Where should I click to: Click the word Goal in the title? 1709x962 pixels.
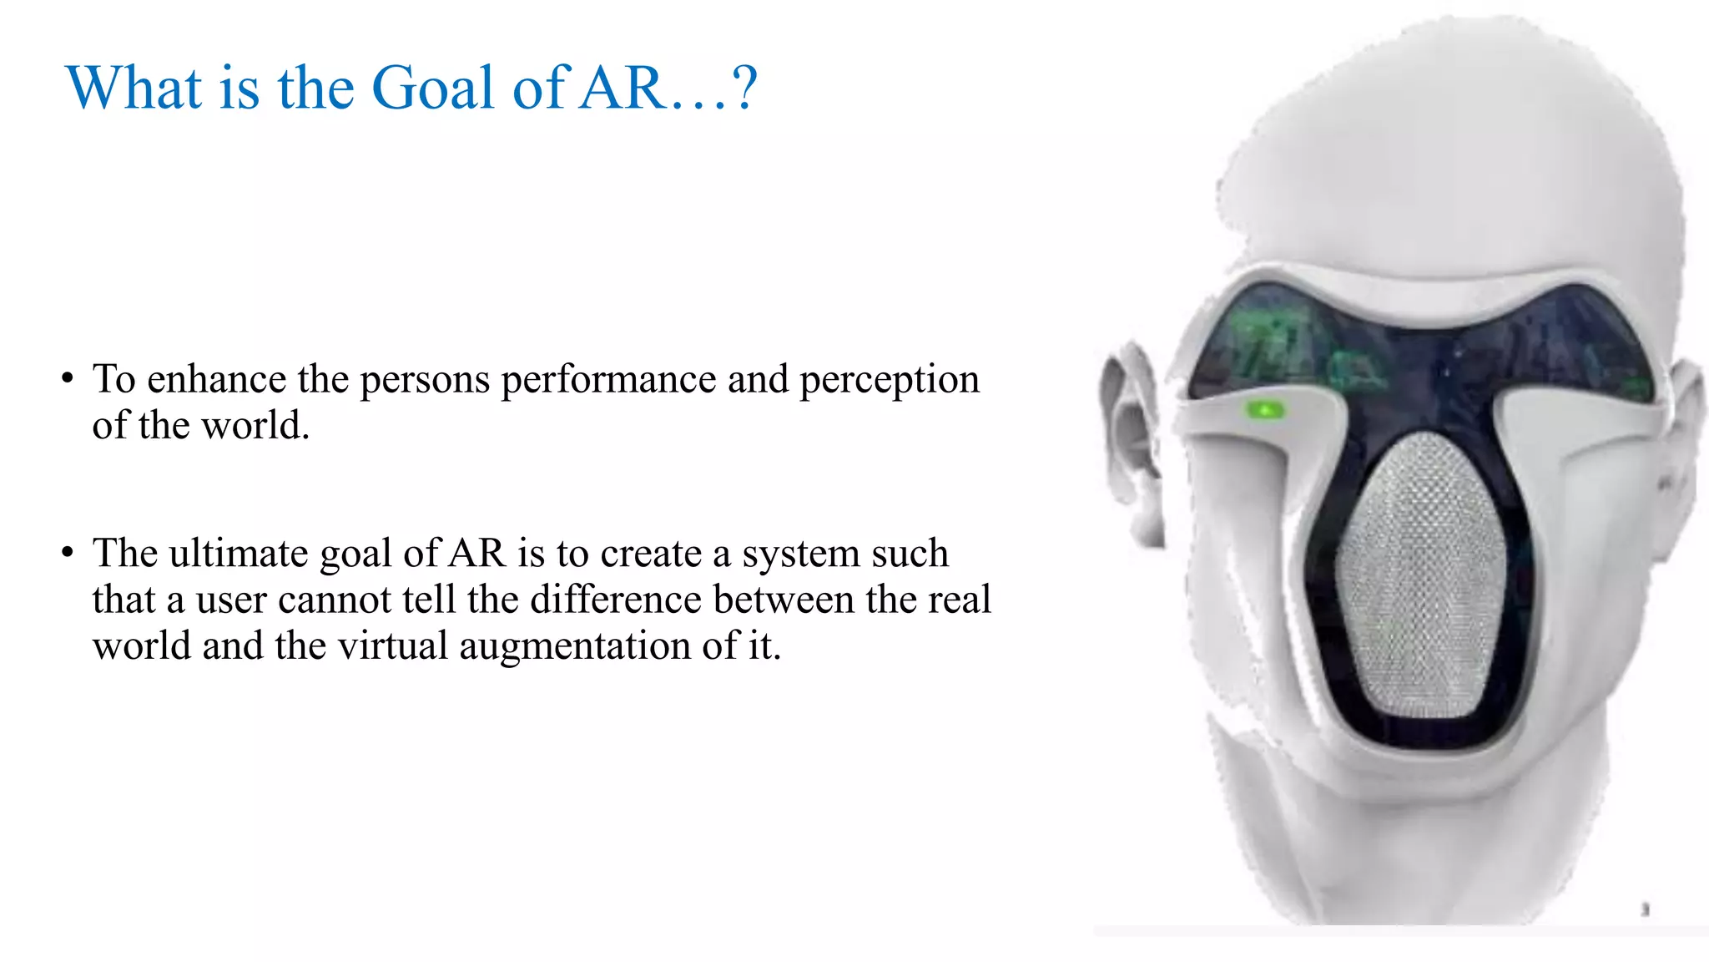tap(432, 88)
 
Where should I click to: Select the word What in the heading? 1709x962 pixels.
tap(134, 88)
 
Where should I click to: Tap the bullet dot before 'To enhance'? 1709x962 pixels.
tap(68, 378)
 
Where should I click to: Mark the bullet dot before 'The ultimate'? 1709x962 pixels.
tap(68, 552)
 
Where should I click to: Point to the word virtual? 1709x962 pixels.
tap(392, 646)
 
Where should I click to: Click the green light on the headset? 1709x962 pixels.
tap(1265, 410)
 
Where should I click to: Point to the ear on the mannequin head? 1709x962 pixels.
tap(1130, 443)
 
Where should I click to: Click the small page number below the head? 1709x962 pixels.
tap(1646, 909)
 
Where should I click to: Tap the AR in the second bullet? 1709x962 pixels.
tap(477, 554)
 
